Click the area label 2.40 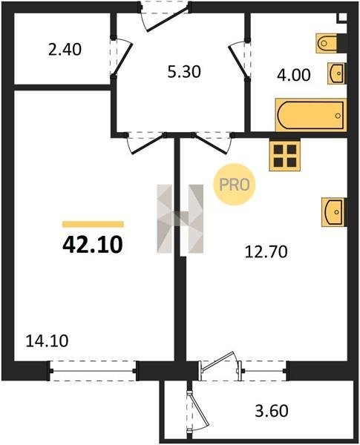[65, 50]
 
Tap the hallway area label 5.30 [184, 72]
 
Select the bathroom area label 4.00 [294, 76]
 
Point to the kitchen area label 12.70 [266, 251]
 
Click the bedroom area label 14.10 [47, 341]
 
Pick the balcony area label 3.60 [272, 411]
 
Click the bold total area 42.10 [93, 245]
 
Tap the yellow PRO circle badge [235, 185]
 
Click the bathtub [311, 115]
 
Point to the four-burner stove [285, 156]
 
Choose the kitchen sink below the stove [334, 212]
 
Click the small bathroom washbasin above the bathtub [337, 73]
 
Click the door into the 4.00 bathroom [240, 59]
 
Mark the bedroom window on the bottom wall [93, 371]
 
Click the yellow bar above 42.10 [94, 224]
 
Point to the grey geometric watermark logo [180, 219]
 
